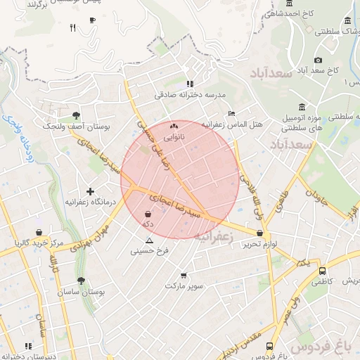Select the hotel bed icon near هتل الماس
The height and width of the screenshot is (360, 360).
pos(231,114)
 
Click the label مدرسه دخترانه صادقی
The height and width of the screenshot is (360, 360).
pos(190,94)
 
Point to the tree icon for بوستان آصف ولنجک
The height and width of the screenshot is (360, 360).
pos(76,115)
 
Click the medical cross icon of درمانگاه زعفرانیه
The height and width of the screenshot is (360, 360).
pos(90,191)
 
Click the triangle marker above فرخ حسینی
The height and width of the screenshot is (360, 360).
pos(148,240)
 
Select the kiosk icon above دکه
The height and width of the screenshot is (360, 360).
pos(148,214)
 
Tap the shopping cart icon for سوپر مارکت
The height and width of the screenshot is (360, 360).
pos(184,275)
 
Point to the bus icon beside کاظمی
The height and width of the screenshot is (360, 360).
pos(322,271)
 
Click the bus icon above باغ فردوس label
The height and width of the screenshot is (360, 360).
pos(270,346)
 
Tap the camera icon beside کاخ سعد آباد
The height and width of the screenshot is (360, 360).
pos(319,60)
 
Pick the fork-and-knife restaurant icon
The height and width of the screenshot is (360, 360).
pos(72,28)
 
